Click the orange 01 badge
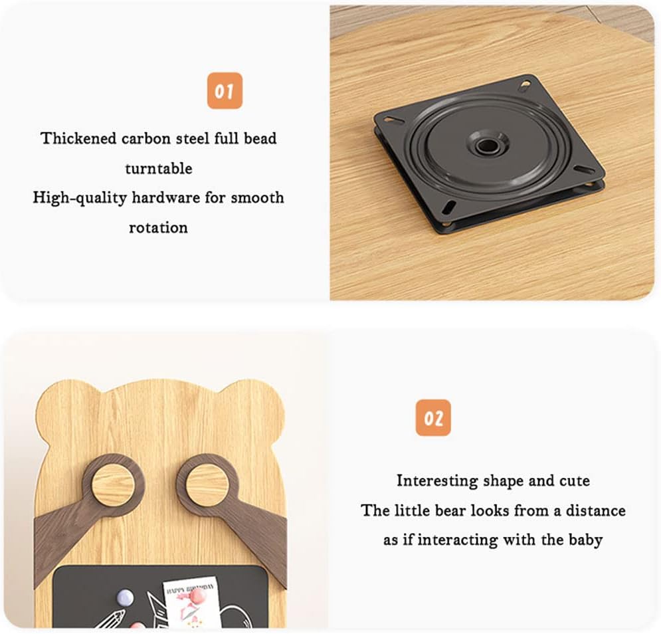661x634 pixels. point(225,90)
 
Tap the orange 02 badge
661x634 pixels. point(433,417)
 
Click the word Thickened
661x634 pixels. point(78,138)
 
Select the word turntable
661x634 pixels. point(159,168)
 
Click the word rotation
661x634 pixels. point(158,227)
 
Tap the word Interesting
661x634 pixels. point(437,481)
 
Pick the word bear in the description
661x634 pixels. point(450,510)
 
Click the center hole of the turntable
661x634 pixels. point(488,146)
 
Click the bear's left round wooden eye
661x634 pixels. point(113,484)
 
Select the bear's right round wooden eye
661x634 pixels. point(207,485)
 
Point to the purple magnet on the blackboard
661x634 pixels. point(125,597)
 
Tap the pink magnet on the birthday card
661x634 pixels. point(197,597)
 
